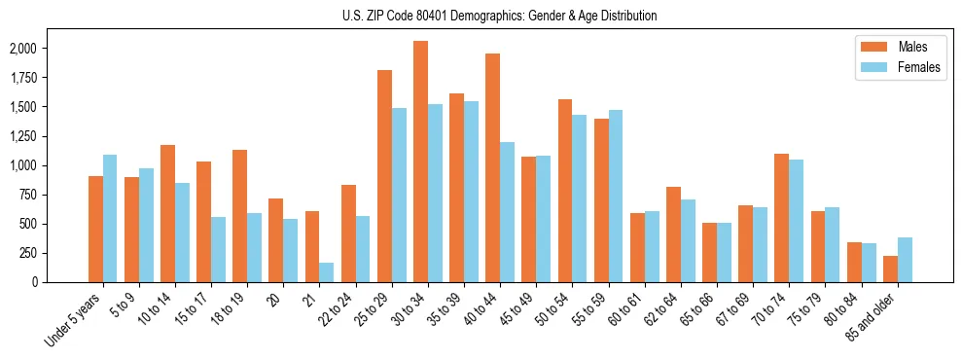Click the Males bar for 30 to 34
420,162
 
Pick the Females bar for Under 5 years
110,218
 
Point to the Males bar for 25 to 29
384,176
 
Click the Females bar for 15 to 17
218,249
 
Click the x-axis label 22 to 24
342,305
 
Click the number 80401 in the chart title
461,16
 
